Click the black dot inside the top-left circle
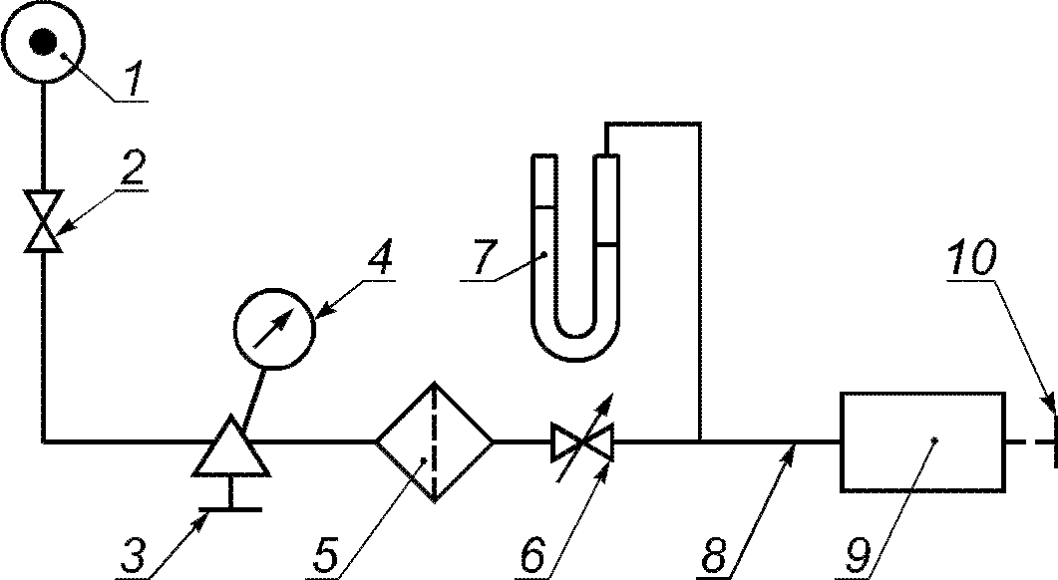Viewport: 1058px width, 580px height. (43, 42)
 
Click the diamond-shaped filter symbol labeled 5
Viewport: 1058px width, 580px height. (435, 440)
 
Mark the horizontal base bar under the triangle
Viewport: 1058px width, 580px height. (230, 508)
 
